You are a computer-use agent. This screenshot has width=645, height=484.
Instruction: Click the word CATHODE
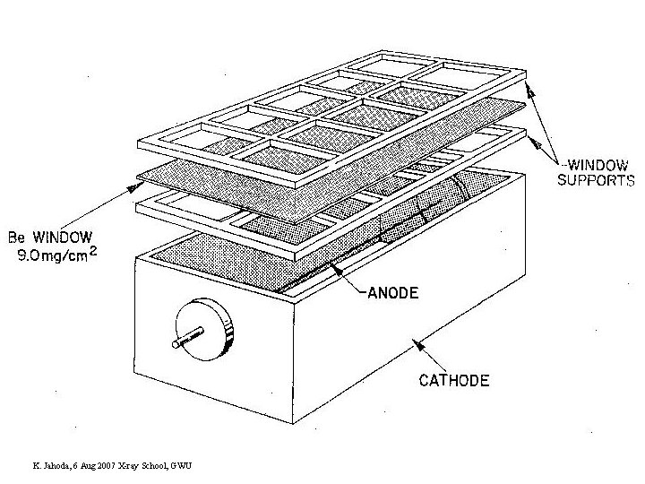(x=454, y=380)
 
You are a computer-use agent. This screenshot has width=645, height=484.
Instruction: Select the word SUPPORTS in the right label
(x=596, y=179)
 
